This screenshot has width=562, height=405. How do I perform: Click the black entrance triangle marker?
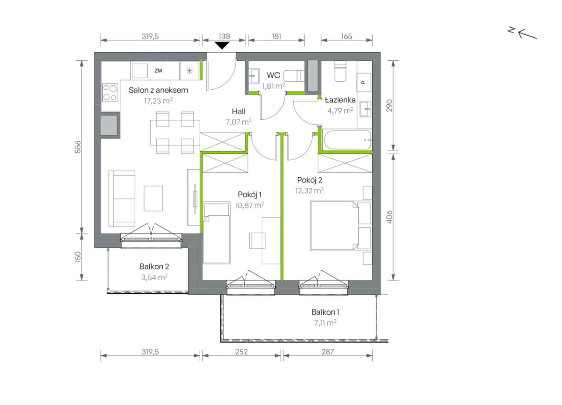pos(222,45)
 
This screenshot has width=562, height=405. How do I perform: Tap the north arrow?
pos(527,34)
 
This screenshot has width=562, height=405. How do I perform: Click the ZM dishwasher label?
pos(158,71)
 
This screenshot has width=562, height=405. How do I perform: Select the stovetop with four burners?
pos(110,92)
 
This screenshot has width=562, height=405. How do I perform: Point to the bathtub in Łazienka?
pos(347,140)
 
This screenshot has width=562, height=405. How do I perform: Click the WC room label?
pos(273,75)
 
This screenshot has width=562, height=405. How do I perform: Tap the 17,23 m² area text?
pos(159,101)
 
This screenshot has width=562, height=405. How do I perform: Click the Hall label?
pos(238,111)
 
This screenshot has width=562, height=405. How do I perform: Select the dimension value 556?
pos(78,147)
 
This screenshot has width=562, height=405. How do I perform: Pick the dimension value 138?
pos(224,36)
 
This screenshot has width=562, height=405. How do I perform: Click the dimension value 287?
pos(328,352)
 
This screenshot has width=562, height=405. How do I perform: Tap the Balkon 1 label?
pos(325,312)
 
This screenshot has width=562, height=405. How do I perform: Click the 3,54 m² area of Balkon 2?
pos(154,277)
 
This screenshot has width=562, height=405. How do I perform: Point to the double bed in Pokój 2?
pos(341,225)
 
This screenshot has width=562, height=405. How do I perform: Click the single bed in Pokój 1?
pos(217,233)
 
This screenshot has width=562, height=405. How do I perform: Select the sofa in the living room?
pos(122,199)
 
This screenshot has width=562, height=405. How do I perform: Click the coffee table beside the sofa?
pos(153,198)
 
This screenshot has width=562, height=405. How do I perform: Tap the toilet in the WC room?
pos(294,76)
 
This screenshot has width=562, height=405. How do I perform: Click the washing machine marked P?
pos(364,83)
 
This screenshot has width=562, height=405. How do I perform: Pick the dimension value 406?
pos(389,217)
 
